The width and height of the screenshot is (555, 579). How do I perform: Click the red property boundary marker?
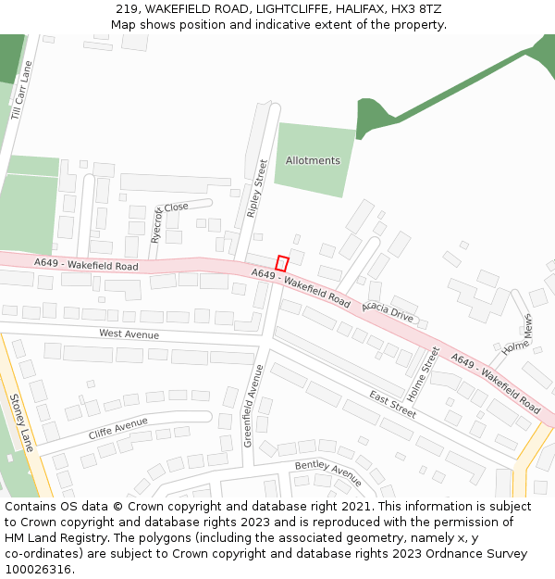(282, 263)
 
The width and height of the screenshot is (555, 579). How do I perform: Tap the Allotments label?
(313, 160)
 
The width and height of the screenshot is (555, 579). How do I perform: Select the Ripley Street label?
(256, 189)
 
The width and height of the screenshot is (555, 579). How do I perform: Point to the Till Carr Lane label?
(21, 91)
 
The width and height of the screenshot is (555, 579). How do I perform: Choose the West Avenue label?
(129, 334)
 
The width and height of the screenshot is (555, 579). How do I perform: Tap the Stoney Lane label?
(21, 422)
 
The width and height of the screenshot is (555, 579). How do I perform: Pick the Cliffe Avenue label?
(118, 428)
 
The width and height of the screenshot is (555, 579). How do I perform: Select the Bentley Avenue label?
(328, 472)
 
